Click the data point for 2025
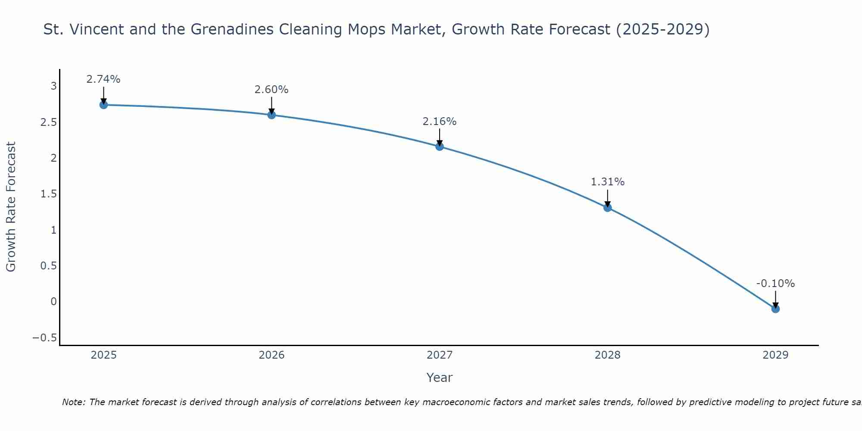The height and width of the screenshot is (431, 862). (x=103, y=105)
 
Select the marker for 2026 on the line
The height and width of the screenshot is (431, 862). (x=272, y=115)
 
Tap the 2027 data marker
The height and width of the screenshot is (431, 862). (x=440, y=147)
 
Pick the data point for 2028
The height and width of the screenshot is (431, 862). (x=608, y=208)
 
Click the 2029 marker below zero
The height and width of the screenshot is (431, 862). (x=775, y=309)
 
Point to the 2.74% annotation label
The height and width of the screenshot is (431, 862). (x=103, y=79)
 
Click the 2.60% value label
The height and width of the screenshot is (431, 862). (x=272, y=90)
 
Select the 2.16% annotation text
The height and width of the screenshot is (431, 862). (x=440, y=122)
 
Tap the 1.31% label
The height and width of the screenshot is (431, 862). (x=608, y=182)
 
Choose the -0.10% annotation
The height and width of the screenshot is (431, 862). (x=775, y=284)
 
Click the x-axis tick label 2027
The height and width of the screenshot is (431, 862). (x=440, y=355)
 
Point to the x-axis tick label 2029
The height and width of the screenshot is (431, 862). (x=775, y=355)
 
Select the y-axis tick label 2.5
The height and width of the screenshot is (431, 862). (x=49, y=122)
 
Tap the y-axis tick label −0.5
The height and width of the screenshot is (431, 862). (x=45, y=337)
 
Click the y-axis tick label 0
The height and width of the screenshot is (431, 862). (x=53, y=301)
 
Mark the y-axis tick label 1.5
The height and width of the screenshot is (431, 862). (x=49, y=194)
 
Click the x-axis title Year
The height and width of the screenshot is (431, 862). (x=440, y=378)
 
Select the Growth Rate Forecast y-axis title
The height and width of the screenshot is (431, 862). (x=11, y=207)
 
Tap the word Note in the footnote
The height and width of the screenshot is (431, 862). (x=74, y=402)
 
